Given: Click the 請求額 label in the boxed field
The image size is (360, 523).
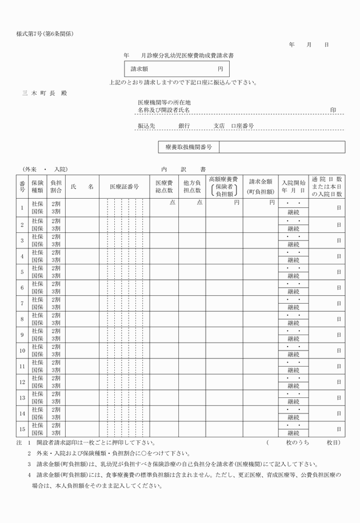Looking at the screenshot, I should click(x=139, y=69).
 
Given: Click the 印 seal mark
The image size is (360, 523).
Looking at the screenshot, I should click(x=333, y=109).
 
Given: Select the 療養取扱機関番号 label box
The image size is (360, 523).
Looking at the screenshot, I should click(x=189, y=147).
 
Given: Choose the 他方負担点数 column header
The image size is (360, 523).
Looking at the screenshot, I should click(x=192, y=187).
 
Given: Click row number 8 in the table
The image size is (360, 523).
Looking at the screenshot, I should click(x=22, y=319).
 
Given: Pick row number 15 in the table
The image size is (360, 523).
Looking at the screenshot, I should click(x=22, y=429).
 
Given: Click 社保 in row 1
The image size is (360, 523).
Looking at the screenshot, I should click(x=38, y=203).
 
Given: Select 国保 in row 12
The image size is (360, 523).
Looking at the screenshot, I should click(x=38, y=386).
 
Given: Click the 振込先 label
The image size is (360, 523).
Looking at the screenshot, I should click(x=146, y=125).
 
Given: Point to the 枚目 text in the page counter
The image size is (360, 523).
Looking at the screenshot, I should click(x=334, y=442).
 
